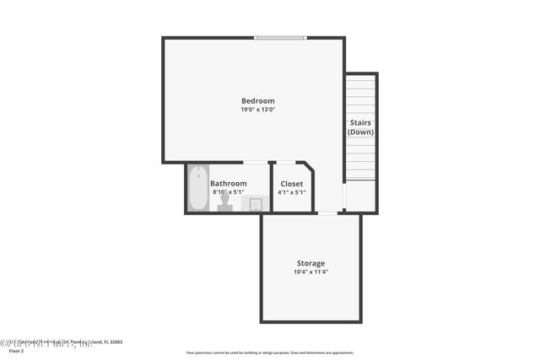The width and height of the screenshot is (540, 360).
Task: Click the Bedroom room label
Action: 257,101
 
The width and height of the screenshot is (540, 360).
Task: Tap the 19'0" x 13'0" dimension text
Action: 257,110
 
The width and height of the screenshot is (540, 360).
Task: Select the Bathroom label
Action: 229,184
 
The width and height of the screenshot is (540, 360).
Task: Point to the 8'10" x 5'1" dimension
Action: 229,192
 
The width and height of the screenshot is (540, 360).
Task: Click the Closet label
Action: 292,184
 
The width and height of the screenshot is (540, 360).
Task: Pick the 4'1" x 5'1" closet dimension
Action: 292,192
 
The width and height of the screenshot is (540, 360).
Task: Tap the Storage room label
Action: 310,263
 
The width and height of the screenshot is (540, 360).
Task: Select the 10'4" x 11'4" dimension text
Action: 310,271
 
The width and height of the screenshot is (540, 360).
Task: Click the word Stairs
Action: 361,123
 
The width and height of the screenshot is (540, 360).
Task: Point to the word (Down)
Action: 361,132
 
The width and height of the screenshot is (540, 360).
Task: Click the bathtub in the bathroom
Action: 197,187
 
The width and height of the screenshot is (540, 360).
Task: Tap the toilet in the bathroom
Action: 224,204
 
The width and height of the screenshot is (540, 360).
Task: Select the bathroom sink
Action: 255,204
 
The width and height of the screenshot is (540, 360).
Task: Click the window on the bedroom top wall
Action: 282,37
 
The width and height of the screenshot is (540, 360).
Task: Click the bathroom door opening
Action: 255,162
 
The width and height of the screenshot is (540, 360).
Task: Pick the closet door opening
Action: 286,162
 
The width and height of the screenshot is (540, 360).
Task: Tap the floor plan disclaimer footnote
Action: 269,352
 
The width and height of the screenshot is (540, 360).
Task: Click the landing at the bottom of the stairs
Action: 361,196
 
